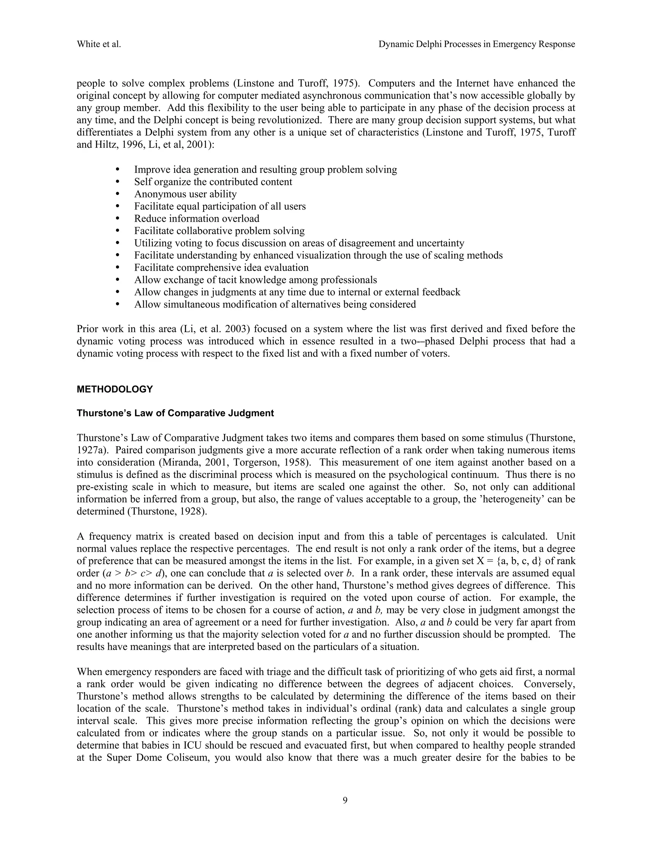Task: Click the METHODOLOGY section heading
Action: tap(115, 389)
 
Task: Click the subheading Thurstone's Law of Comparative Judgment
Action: tap(175, 413)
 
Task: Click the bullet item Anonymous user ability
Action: tap(185, 194)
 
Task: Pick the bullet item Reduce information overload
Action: tap(197, 219)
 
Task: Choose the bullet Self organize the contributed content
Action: tap(213, 182)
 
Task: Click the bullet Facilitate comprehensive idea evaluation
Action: tap(221, 268)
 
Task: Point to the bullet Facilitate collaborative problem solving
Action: tap(219, 231)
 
